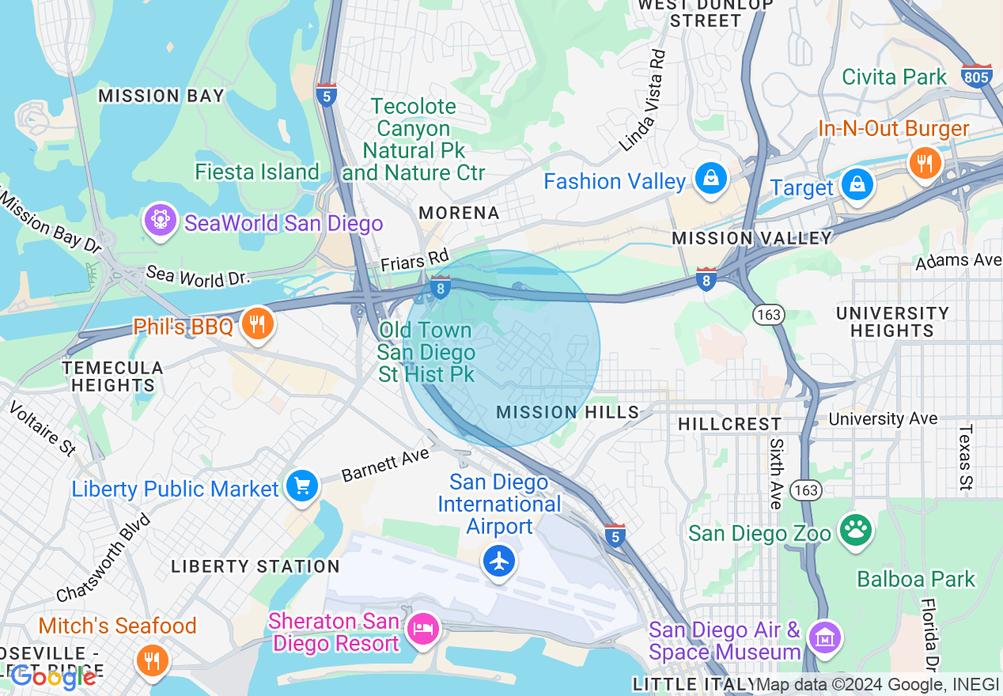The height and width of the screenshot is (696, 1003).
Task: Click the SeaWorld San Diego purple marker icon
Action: (160, 221)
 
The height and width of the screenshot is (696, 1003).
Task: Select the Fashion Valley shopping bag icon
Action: (711, 180)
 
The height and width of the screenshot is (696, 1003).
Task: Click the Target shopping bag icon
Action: (857, 185)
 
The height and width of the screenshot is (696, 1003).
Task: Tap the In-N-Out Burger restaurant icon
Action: (924, 164)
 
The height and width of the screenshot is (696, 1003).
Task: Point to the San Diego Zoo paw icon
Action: (854, 531)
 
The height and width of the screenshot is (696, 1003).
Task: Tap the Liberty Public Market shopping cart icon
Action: (301, 486)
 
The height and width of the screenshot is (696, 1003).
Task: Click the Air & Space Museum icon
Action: (824, 637)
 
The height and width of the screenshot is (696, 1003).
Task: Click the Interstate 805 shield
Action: (977, 76)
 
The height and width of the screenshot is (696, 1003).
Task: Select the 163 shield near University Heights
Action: (768, 315)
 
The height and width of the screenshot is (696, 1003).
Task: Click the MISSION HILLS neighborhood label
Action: (567, 412)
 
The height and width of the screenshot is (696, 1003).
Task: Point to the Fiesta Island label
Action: (257, 172)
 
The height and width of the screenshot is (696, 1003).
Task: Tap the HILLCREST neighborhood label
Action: (729, 424)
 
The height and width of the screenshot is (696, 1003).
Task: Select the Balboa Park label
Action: (916, 579)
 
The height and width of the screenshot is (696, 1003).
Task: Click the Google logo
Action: (53, 676)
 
